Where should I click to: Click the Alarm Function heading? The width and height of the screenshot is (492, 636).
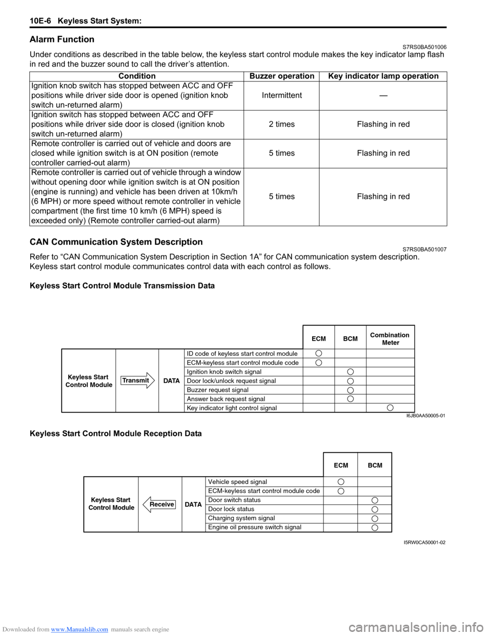(x=62, y=39)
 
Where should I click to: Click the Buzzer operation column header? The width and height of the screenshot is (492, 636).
(x=281, y=76)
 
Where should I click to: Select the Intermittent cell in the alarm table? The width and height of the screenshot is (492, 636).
(x=281, y=95)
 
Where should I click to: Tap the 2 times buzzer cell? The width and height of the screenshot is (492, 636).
(x=281, y=124)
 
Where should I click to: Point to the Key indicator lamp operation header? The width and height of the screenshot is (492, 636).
(x=383, y=76)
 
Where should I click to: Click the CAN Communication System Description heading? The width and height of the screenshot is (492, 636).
(x=116, y=242)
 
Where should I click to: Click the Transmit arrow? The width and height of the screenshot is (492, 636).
(x=137, y=380)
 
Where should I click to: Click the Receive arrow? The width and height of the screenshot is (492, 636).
(x=159, y=504)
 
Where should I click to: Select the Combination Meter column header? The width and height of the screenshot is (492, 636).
(x=390, y=338)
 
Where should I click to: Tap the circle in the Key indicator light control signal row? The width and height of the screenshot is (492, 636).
(x=391, y=408)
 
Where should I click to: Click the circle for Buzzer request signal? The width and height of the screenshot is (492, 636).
(x=351, y=390)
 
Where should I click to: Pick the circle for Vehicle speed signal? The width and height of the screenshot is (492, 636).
(x=341, y=482)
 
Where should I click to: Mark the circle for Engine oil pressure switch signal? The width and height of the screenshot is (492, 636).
(x=375, y=527)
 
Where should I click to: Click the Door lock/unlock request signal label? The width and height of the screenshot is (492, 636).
(x=231, y=381)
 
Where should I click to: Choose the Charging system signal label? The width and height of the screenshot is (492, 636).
(x=241, y=518)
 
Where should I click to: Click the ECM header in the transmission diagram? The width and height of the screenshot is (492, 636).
(x=319, y=338)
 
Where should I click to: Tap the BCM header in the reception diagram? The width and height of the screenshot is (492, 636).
(x=375, y=465)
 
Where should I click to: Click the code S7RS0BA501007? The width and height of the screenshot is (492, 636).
(x=424, y=249)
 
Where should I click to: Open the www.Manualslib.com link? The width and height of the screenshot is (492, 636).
(x=79, y=629)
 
